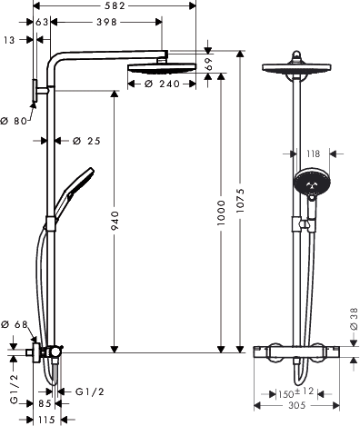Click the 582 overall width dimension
click(x=114, y=5)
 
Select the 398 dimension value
click(x=106, y=22)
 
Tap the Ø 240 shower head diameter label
click(x=163, y=84)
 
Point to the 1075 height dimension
click(x=240, y=200)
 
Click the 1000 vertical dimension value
click(x=221, y=213)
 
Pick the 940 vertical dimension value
click(x=115, y=221)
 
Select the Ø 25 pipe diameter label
click(x=86, y=141)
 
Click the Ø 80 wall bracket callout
click(x=14, y=121)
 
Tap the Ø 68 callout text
click(x=15, y=324)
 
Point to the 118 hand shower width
click(x=313, y=154)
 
